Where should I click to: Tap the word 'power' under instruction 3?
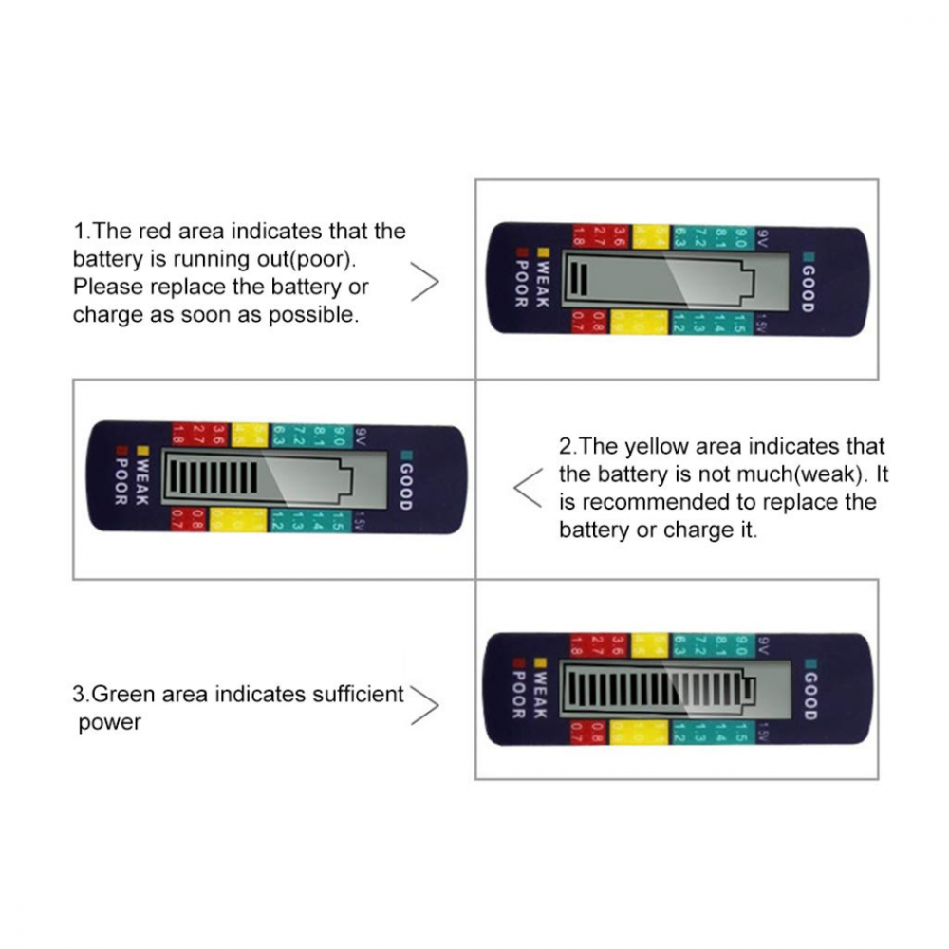(x=110, y=722)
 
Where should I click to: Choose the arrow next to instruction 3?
(x=428, y=705)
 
